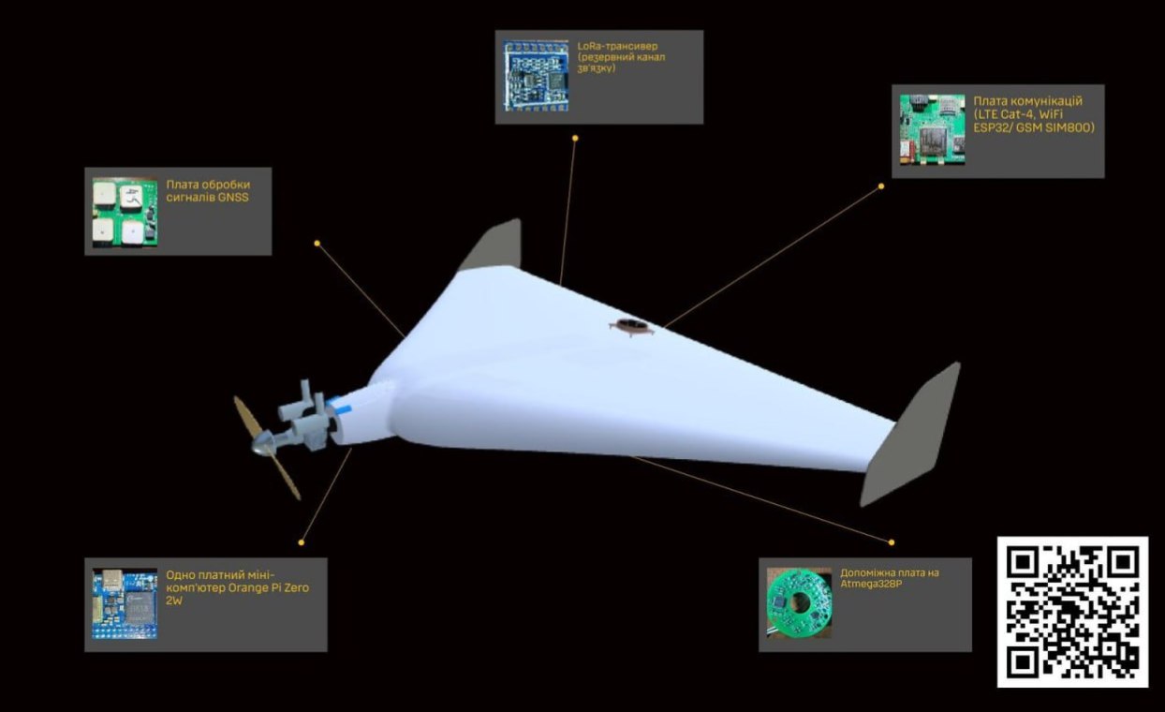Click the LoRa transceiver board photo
click(536, 76)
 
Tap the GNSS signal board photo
click(125, 213)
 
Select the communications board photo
click(933, 130)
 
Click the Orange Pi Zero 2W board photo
click(125, 603)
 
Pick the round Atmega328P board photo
click(799, 603)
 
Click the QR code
click(1072, 612)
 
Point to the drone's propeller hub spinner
click(260, 443)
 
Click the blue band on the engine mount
click(339, 405)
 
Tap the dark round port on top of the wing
click(630, 326)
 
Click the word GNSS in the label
click(233, 198)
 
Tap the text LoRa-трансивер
click(617, 46)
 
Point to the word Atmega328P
click(871, 584)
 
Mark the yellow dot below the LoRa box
click(575, 138)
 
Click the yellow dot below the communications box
click(881, 185)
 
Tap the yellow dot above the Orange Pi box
click(302, 542)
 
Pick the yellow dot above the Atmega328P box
click(892, 542)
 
